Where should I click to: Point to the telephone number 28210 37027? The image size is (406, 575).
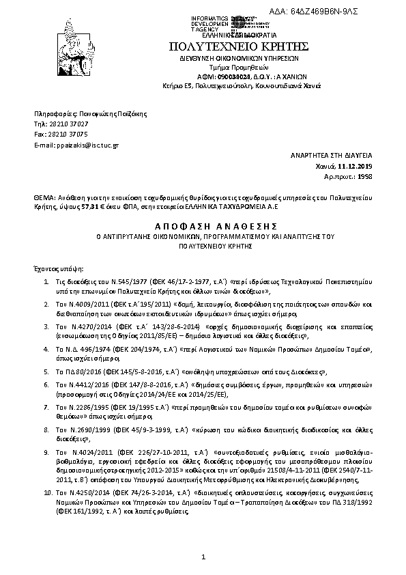click(68, 124)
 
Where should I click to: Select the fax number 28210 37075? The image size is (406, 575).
click(69, 135)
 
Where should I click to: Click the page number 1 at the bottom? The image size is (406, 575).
click(203, 560)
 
